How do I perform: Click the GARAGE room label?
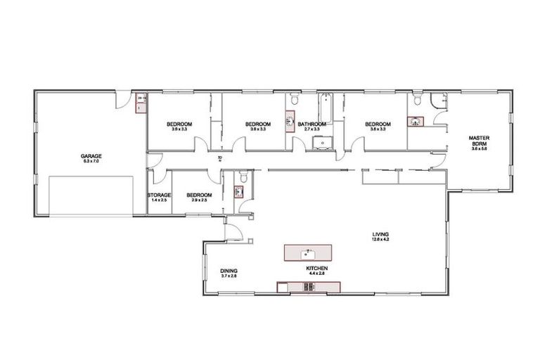click(x=91, y=156)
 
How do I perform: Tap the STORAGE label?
click(x=159, y=195)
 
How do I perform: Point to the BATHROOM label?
click(x=311, y=124)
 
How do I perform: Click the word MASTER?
click(x=480, y=138)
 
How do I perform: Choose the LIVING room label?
click(x=381, y=234)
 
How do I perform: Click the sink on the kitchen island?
click(x=307, y=252)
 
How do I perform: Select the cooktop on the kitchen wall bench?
click(x=307, y=286)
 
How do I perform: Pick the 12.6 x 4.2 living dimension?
click(x=381, y=240)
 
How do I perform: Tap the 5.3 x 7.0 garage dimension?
click(x=91, y=162)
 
